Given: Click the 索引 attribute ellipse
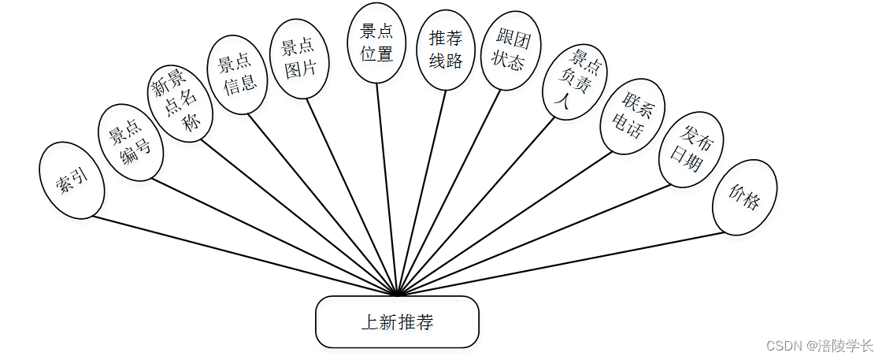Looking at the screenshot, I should (x=71, y=180).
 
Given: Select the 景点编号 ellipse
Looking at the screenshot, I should (x=130, y=144).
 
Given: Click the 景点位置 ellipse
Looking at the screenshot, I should (x=376, y=43).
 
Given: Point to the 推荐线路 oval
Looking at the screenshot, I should (x=445, y=49).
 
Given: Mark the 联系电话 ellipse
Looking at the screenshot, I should (x=632, y=115).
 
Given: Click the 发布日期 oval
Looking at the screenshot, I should (x=691, y=149).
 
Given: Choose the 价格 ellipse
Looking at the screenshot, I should (x=744, y=197).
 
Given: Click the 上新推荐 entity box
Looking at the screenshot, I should (x=397, y=321).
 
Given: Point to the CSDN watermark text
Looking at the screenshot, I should (x=819, y=345).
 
